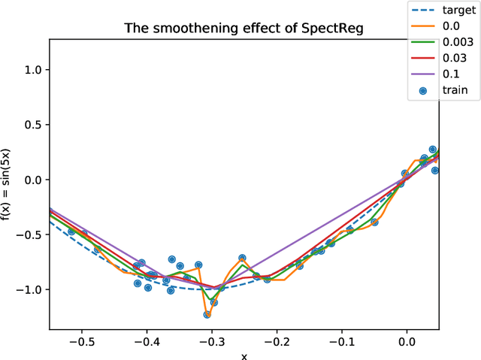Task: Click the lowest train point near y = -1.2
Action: [x=207, y=314]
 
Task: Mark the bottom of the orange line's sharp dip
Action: [x=207, y=316]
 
